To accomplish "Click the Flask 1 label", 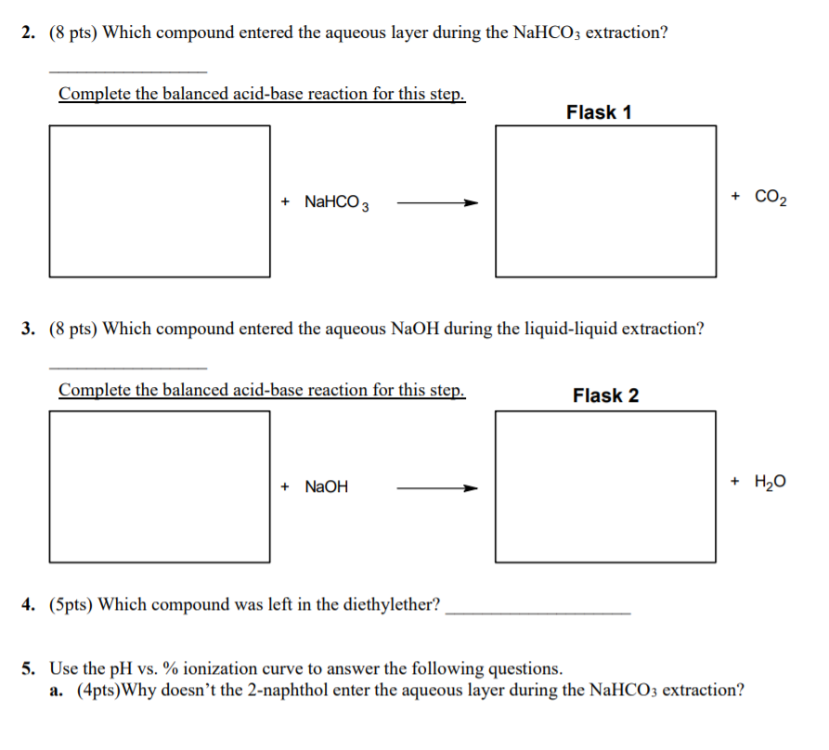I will point(599,112).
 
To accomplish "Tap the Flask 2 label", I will point(605,396).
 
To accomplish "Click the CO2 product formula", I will point(771,197).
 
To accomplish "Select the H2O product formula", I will point(771,482).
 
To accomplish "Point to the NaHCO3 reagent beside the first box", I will point(338,202).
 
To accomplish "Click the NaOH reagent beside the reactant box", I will point(327,486).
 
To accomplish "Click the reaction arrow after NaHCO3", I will point(436,202).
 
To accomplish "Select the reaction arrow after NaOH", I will point(436,487).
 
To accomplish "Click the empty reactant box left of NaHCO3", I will point(160,200).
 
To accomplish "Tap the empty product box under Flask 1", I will point(605,200).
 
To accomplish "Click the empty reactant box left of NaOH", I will point(160,486).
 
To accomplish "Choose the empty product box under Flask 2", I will point(605,486).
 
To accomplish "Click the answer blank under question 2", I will point(127,71).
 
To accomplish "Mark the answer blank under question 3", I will point(127,367).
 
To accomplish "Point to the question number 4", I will point(29,605).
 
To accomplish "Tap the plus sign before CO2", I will point(736,197).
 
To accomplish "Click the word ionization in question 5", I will point(221,668).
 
